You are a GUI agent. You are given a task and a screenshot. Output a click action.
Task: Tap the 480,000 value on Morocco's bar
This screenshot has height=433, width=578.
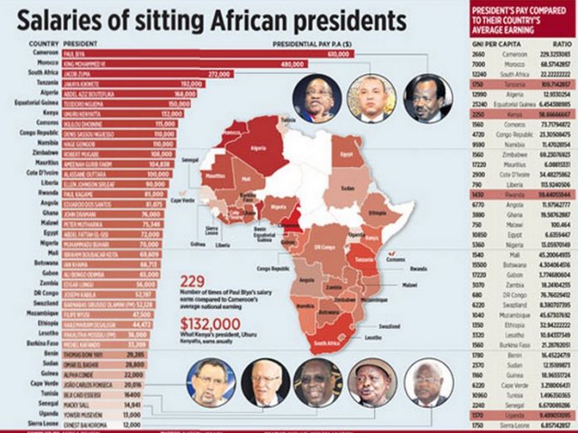294,63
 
